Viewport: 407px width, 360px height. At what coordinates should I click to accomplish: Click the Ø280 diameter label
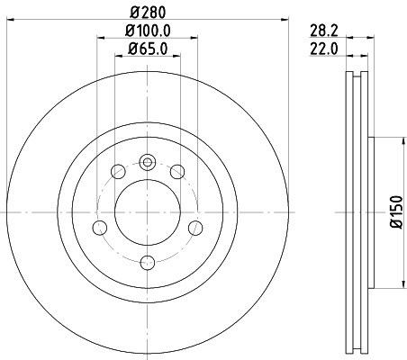148,12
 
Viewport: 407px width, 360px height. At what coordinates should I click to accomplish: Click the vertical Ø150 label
394,213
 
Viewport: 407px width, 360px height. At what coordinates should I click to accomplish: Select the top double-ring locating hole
147,162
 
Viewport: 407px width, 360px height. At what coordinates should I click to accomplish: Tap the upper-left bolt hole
117,172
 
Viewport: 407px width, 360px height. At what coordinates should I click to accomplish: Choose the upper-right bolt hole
177,172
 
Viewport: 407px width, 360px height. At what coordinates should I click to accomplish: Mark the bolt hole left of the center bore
98,228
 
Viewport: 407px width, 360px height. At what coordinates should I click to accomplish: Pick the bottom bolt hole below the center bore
147,263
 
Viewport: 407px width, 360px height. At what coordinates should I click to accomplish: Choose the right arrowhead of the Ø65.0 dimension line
176,56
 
